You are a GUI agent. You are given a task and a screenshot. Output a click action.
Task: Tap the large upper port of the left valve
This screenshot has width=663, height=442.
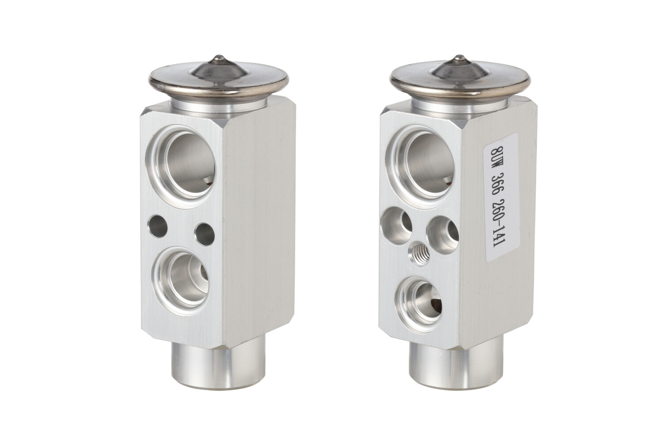(180, 166)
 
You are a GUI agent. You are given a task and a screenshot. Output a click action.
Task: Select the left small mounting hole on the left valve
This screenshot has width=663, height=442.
(158, 226)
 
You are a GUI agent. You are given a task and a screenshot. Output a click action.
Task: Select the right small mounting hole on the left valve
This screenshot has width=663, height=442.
(205, 234)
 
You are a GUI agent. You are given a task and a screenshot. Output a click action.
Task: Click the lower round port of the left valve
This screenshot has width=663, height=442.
(180, 281)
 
